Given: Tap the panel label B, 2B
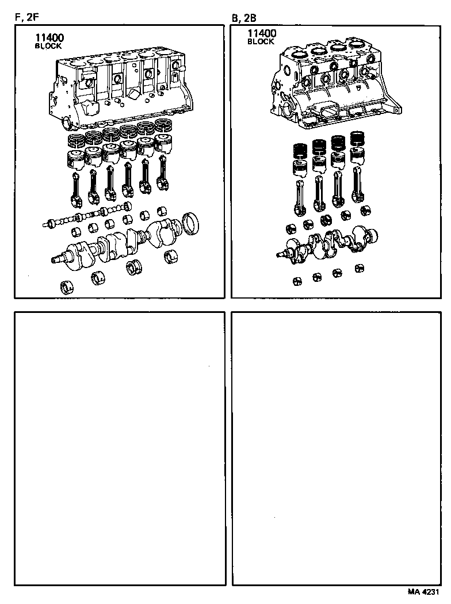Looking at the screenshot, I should point(244,18).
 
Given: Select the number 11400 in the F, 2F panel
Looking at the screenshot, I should point(49,38).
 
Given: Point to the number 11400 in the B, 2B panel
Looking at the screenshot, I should point(262,34).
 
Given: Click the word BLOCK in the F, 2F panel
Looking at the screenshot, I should point(48,46).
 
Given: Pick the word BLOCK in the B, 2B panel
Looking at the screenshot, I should point(261,42).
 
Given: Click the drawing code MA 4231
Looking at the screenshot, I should point(425,592).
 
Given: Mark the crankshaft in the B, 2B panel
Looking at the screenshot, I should point(328,244).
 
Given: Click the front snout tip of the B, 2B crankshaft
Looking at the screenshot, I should point(280,254).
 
